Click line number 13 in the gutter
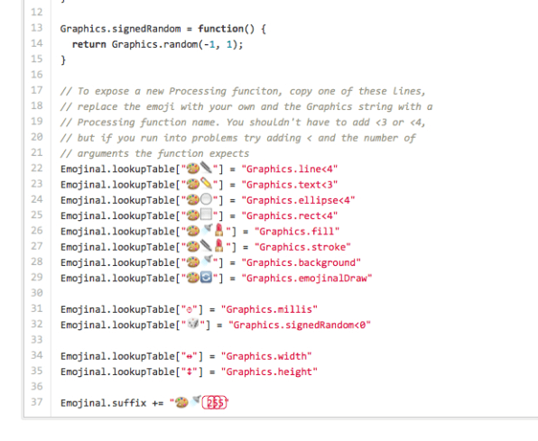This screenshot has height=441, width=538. click(x=36, y=28)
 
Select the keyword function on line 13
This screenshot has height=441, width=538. click(x=220, y=29)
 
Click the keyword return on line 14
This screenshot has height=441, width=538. click(x=88, y=44)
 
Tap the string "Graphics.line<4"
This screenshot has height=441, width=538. click(x=290, y=169)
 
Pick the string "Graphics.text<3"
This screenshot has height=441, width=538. click(x=290, y=185)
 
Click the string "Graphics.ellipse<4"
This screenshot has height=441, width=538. click(x=298, y=200)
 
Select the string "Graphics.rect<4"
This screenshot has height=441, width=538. click(x=290, y=216)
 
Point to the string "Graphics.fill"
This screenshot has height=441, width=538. click(x=297, y=231)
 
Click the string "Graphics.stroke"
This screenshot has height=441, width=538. click(x=302, y=247)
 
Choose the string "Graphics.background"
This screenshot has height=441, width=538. click(x=301, y=262)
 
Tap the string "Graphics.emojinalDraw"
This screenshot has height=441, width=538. click(x=307, y=278)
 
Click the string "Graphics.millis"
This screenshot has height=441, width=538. click(x=269, y=309)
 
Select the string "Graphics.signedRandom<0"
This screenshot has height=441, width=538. click(x=300, y=325)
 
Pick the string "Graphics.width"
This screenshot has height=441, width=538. click(x=266, y=356)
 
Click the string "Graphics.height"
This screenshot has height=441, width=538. click(x=269, y=372)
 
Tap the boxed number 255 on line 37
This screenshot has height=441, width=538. click(x=215, y=402)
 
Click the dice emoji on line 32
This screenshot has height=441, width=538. click(x=193, y=324)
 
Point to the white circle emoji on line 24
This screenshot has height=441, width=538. click(x=206, y=199)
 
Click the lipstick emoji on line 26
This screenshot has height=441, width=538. click(x=219, y=230)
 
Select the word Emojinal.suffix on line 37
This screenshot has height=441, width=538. click(x=104, y=402)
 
